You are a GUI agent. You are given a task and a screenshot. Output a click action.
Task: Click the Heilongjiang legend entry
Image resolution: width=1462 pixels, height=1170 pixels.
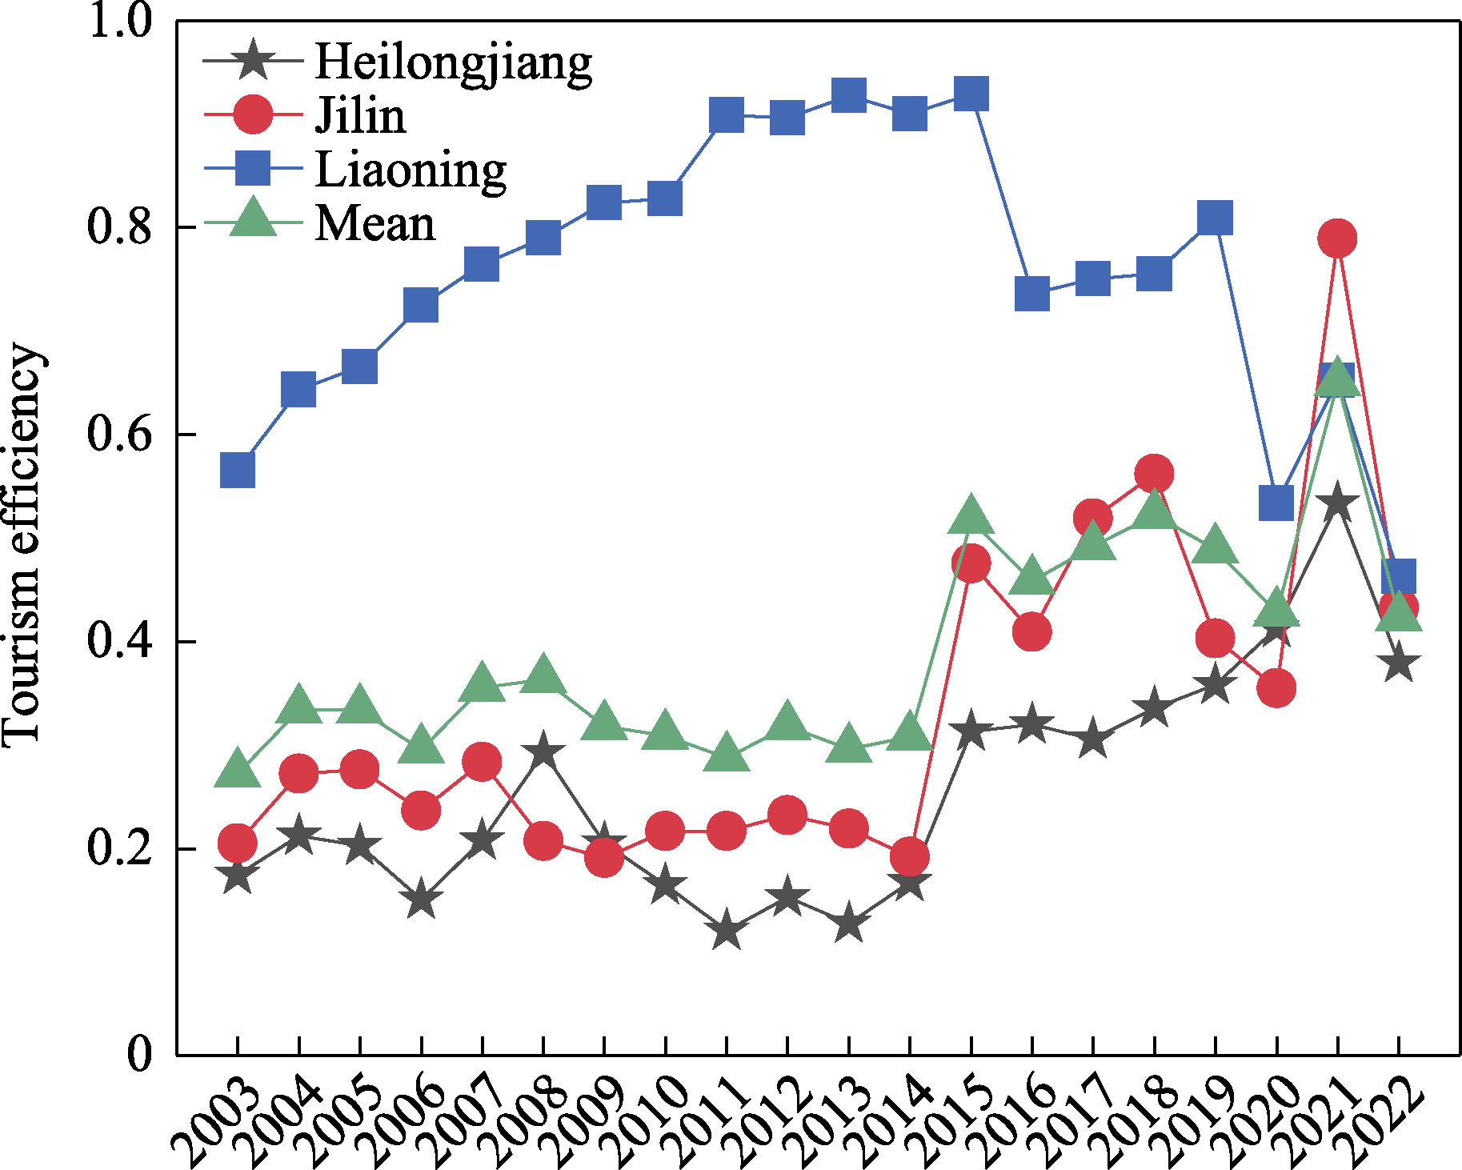pyautogui.click(x=453, y=61)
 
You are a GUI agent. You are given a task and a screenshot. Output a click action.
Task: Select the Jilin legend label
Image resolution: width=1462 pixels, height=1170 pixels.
pyautogui.click(x=360, y=115)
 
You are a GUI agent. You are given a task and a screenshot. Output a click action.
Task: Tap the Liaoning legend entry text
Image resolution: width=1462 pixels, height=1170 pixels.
pyautogui.click(x=411, y=169)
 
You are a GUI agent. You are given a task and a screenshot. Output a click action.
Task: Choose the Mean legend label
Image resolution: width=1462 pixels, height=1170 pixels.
pyautogui.click(x=375, y=223)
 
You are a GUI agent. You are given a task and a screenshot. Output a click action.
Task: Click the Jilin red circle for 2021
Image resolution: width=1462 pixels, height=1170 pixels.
pyautogui.click(x=1337, y=238)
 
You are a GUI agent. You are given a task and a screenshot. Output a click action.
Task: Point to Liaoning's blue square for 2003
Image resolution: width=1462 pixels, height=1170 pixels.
pyautogui.click(x=238, y=470)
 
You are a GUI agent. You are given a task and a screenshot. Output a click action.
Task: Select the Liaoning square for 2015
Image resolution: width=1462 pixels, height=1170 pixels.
pyautogui.click(x=971, y=94)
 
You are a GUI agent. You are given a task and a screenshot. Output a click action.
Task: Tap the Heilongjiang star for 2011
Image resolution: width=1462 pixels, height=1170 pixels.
pyautogui.click(x=727, y=930)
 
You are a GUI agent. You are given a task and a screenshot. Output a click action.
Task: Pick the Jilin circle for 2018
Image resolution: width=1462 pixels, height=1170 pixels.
pyautogui.click(x=1154, y=474)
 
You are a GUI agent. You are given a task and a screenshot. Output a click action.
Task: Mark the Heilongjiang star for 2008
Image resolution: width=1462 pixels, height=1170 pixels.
pyautogui.click(x=543, y=751)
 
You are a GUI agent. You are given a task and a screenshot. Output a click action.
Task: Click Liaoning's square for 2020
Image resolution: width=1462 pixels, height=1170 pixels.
pyautogui.click(x=1276, y=503)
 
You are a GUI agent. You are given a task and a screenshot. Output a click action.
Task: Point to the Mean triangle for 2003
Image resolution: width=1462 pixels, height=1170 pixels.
pyautogui.click(x=238, y=769)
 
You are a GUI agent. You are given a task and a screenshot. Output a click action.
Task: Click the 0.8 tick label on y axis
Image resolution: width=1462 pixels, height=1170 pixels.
pyautogui.click(x=119, y=226)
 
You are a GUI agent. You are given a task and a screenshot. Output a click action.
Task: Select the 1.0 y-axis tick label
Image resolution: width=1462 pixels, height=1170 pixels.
pyautogui.click(x=119, y=21)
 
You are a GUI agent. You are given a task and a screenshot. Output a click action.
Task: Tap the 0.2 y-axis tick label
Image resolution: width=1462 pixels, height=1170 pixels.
pyautogui.click(x=119, y=848)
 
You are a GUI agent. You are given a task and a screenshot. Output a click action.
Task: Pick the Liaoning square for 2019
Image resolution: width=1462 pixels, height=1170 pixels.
pyautogui.click(x=1216, y=218)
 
